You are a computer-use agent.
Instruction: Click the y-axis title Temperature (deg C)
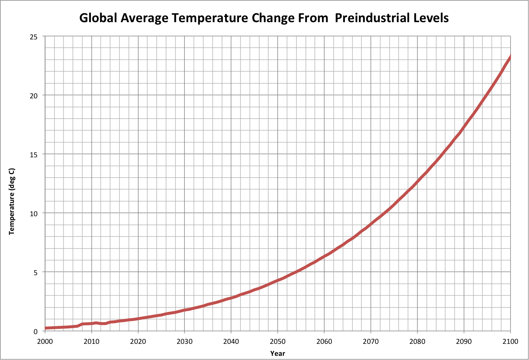coord(12,201)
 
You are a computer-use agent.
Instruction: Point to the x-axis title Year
coord(278,353)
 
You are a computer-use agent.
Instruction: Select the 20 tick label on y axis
coord(34,96)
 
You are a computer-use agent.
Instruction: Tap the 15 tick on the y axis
coord(34,155)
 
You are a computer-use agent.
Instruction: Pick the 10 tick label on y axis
coord(34,214)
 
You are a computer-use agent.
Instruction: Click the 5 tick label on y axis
coord(36,273)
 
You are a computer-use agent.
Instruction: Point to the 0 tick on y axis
coord(36,331)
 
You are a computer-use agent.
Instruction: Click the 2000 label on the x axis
coord(45,341)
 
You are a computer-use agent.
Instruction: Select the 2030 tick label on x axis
coord(184,341)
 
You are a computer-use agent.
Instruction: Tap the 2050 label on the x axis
coord(278,341)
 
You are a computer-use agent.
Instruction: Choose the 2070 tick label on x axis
coord(371,341)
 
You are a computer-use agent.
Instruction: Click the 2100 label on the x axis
coord(510,341)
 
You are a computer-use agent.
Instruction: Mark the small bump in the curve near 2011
coord(96,323)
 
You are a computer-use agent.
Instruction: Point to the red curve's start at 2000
coord(46,328)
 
